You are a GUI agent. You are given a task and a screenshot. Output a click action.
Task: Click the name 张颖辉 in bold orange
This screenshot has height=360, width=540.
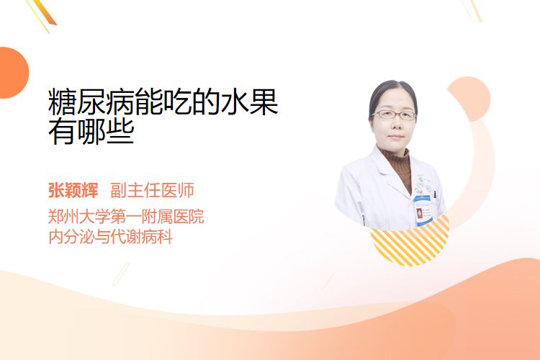pyautogui.click(x=73, y=190)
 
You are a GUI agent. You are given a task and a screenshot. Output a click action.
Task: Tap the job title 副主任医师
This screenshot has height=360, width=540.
pyautogui.click(x=152, y=190)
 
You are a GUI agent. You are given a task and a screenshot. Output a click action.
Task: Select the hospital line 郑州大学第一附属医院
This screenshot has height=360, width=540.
pyautogui.click(x=126, y=217)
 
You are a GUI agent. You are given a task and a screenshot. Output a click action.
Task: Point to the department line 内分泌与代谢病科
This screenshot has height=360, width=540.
pyautogui.click(x=111, y=237)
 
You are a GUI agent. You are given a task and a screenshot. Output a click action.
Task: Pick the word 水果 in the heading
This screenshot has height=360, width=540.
pyautogui.click(x=249, y=102)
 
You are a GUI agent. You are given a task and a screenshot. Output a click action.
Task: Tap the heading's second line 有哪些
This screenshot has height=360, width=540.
pyautogui.click(x=91, y=131)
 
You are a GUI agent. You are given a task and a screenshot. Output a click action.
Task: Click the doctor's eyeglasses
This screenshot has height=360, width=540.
pyautogui.click(x=394, y=114)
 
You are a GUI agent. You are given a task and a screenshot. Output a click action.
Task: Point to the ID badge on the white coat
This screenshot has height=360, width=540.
pyautogui.click(x=423, y=211)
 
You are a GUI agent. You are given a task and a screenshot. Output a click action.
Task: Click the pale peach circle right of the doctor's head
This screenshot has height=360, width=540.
pyautogui.click(x=469, y=99)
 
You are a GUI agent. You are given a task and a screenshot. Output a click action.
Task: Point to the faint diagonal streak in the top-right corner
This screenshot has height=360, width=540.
pyautogui.click(x=472, y=9)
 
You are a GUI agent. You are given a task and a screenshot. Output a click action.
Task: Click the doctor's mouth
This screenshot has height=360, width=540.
pyautogui.click(x=395, y=137)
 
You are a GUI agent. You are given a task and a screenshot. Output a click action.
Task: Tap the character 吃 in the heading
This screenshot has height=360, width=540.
pyautogui.click(x=178, y=102)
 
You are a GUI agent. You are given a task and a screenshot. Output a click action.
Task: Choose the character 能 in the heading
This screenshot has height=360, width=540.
pyautogui.click(x=149, y=102)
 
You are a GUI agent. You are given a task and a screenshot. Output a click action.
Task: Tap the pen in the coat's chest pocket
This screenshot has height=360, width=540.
pyautogui.click(x=435, y=195)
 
